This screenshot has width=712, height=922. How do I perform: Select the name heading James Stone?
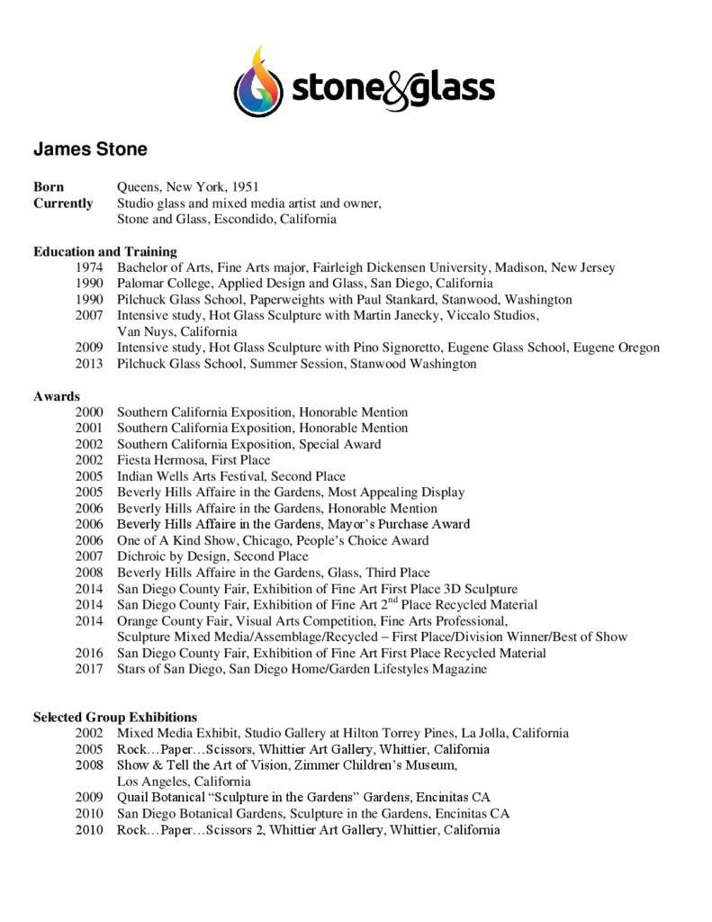[x=90, y=149]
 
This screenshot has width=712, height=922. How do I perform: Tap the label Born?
[x=49, y=187]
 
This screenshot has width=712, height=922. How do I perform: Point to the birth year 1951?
[x=245, y=187]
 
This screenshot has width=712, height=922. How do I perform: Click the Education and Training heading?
[x=105, y=251]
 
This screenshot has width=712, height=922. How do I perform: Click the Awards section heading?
[x=57, y=396]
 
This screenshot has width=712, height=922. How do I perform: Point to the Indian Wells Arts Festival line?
[x=231, y=476]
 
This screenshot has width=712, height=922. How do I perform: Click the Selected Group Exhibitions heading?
[x=115, y=718]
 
